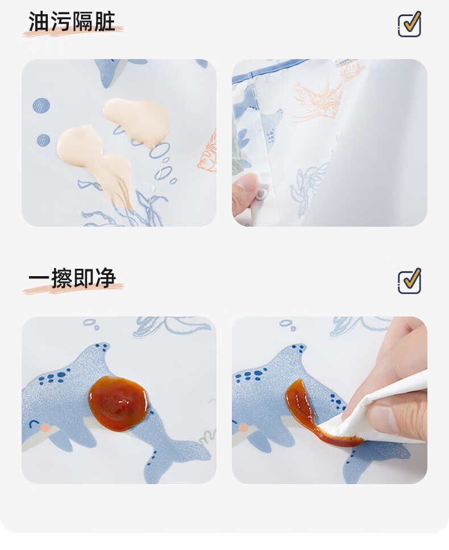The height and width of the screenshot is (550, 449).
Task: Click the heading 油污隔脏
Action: coord(72,22)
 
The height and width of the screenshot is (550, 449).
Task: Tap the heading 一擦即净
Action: coord(72,278)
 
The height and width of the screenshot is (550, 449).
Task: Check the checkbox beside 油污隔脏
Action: coord(409,24)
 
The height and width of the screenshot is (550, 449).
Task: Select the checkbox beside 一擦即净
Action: coord(409,281)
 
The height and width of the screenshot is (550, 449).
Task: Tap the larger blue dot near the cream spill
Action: coord(41,105)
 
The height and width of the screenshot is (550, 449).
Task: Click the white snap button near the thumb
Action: coord(261,194)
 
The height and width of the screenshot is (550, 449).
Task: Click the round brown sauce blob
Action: coord(118,403)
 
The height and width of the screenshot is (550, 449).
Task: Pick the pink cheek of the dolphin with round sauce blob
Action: coord(45,427)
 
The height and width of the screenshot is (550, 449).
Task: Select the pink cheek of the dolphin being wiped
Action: coord(243,427)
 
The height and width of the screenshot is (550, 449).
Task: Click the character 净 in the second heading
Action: coord(105,278)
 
